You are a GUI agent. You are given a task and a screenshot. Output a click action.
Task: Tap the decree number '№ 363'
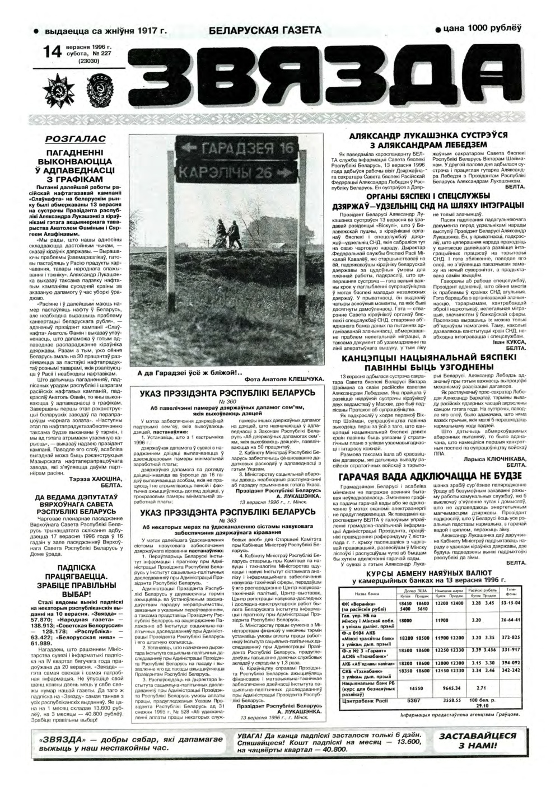click(x=227, y=522)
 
